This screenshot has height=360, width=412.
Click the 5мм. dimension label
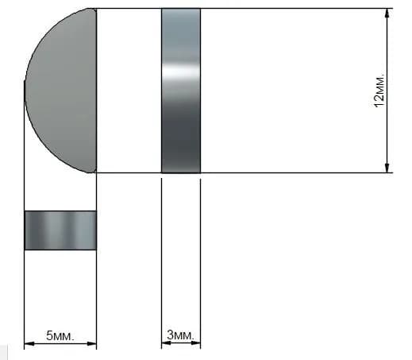[x=60, y=335]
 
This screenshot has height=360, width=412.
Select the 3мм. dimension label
[x=181, y=335]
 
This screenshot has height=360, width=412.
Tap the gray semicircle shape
[x=60, y=91]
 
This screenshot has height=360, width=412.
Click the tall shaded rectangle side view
[x=181, y=91]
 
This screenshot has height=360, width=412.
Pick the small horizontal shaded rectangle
[x=60, y=230]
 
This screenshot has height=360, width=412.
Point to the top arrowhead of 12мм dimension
[x=387, y=14]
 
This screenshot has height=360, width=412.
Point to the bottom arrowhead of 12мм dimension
[x=387, y=168]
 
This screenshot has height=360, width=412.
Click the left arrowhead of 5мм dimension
[x=29, y=343]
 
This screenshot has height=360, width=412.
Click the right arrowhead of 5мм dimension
[x=91, y=343]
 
